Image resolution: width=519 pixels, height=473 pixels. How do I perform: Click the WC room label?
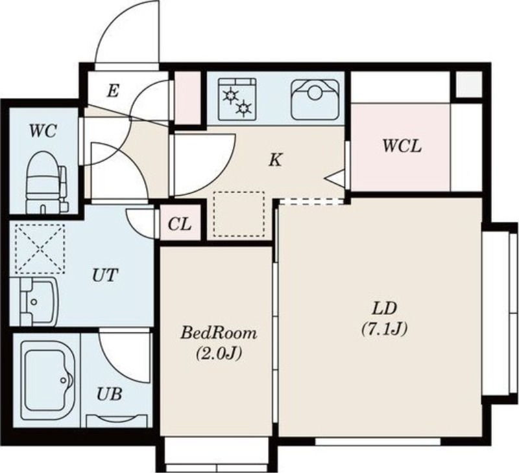pyautogui.click(x=43, y=131)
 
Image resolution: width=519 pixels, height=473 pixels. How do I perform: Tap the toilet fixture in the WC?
pyautogui.click(x=46, y=182)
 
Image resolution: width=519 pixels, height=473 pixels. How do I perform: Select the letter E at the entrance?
pyautogui.click(x=113, y=91)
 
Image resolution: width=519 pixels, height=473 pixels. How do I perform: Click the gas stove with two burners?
pyautogui.click(x=237, y=99)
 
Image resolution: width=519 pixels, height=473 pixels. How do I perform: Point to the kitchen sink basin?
pyautogui.click(x=315, y=99)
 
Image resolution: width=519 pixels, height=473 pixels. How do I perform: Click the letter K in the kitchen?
pyautogui.click(x=275, y=160)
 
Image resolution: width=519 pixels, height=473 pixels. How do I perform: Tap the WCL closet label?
pyautogui.click(x=402, y=146)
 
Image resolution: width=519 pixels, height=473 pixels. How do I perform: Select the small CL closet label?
pyautogui.click(x=180, y=224)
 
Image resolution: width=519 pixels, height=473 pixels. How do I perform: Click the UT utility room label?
pyautogui.click(x=105, y=275)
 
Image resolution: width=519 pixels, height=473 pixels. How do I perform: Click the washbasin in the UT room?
pyautogui.click(x=34, y=301)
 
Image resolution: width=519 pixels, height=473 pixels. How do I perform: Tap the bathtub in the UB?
pyautogui.click(x=46, y=380)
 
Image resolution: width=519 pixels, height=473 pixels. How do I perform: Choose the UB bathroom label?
pyautogui.click(x=110, y=394)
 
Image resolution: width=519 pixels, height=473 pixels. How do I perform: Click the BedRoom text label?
pyautogui.click(x=219, y=333)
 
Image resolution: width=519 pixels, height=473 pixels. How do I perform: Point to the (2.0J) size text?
pyautogui.click(x=219, y=354)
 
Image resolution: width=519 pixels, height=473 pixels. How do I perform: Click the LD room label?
pyautogui.click(x=384, y=308)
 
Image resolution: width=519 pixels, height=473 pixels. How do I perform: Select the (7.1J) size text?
pyautogui.click(x=384, y=329)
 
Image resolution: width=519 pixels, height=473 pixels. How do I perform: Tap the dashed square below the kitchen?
pyautogui.click(x=239, y=214)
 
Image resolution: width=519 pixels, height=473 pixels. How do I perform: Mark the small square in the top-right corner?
pyautogui.click(x=468, y=84)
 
